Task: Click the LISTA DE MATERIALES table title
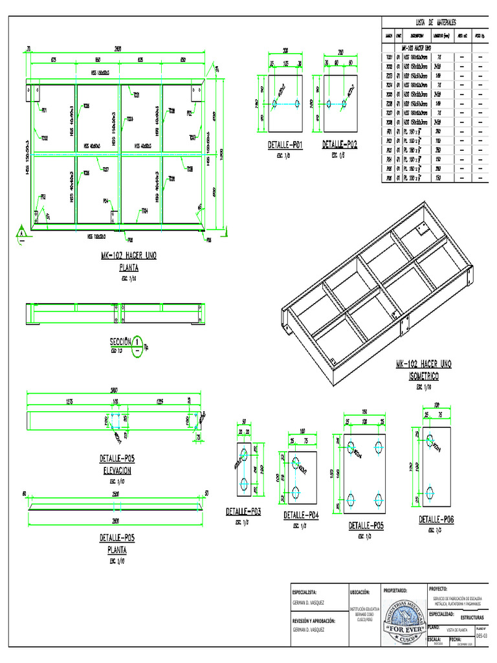pyautogui.click(x=435, y=23)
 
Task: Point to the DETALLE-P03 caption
pyautogui.click(x=243, y=511)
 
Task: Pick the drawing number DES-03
pyautogui.click(x=480, y=636)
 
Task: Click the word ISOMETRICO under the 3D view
pyautogui.click(x=424, y=376)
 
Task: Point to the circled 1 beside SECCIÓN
pyautogui.click(x=138, y=342)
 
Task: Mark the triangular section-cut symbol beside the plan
pyautogui.click(x=21, y=233)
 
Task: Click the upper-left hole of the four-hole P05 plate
pyautogui.click(x=350, y=446)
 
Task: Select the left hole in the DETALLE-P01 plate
pyautogui.click(x=274, y=103)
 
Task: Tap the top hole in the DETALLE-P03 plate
pyautogui.click(x=244, y=453)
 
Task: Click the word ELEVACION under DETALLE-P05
pyautogui.click(x=116, y=471)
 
